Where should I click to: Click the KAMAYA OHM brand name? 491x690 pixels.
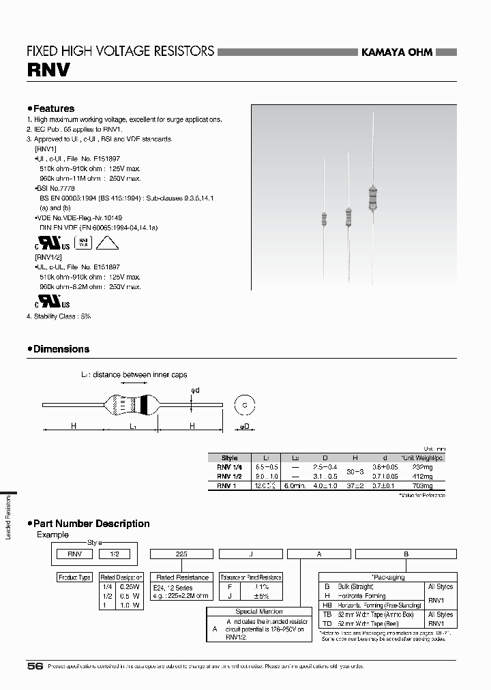(396, 52)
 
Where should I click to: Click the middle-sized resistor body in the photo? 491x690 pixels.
(349, 217)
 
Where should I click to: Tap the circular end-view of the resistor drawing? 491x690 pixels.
(244, 404)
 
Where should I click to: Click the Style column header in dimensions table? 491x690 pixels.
(230, 458)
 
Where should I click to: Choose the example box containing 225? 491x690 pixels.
(181, 554)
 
